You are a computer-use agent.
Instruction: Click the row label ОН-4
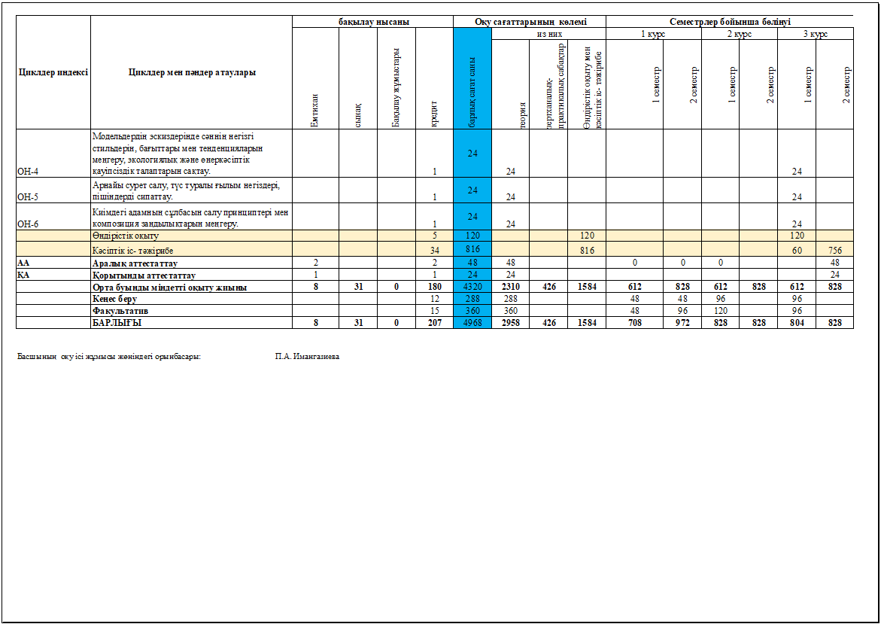pyautogui.click(x=28, y=172)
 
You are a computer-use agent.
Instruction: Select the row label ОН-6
pyautogui.click(x=28, y=224)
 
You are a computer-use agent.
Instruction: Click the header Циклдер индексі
pyautogui.click(x=53, y=72)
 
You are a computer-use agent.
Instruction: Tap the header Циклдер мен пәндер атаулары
pyautogui.click(x=192, y=72)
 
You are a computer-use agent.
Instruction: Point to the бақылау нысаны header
pyautogui.click(x=373, y=23)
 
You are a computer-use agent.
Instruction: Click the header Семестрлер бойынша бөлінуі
pyautogui.click(x=729, y=23)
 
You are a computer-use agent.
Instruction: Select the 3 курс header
pyautogui.click(x=816, y=35)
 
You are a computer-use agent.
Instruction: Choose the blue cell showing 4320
pyautogui.click(x=472, y=288)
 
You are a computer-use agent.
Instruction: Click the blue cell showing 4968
pyautogui.click(x=472, y=322)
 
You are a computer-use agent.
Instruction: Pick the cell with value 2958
pyautogui.click(x=511, y=322)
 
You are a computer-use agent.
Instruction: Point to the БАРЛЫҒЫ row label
pyautogui.click(x=117, y=322)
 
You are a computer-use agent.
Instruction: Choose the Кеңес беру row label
pyautogui.click(x=118, y=299)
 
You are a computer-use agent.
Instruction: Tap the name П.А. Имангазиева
pyautogui.click(x=307, y=356)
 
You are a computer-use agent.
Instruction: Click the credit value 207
pyautogui.click(x=435, y=322)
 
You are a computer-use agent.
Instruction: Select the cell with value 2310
pyautogui.click(x=511, y=288)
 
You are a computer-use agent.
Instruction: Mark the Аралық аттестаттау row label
pyautogui.click(x=135, y=263)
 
